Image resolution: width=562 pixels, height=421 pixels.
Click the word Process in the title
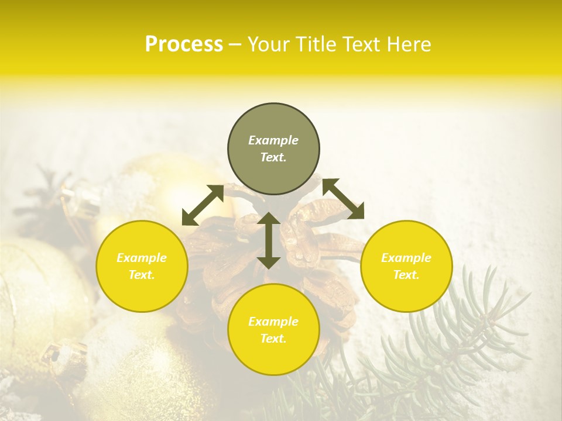pos(184,44)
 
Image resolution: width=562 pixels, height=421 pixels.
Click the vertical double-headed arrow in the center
pos(269,240)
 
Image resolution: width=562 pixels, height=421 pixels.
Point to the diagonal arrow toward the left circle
pos(203,205)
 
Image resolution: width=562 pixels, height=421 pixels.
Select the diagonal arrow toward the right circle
pos(344,199)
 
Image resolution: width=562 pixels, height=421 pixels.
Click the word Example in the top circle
pos(273,140)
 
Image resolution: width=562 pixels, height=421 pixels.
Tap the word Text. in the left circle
pos(142,275)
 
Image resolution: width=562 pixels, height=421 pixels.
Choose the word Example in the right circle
pos(406,258)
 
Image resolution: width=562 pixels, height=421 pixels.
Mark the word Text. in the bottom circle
pos(273,339)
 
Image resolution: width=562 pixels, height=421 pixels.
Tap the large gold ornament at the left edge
pos(29,292)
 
